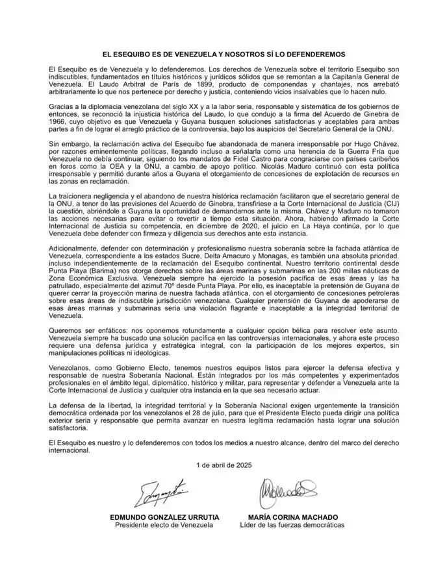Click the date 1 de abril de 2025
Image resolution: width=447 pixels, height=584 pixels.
click(x=223, y=465)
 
